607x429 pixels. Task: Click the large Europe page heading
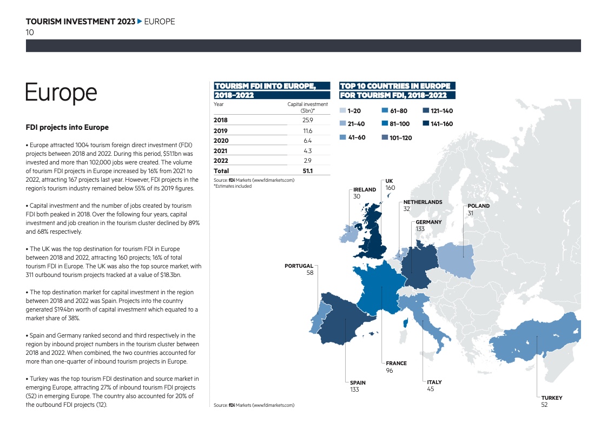(61, 93)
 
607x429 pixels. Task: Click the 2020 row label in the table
(221, 141)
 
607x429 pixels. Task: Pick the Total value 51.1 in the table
(307, 171)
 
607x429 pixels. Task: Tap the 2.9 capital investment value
(307, 161)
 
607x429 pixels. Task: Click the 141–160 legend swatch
(426, 124)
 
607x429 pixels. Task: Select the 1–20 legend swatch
(342, 110)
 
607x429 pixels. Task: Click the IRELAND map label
(364, 190)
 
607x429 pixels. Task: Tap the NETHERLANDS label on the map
(423, 202)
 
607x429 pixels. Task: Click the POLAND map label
(478, 206)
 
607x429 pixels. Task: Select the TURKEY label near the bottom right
(551, 398)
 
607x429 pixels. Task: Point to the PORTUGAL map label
(299, 266)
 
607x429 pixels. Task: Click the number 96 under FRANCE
(389, 371)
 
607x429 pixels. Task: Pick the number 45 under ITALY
(430, 389)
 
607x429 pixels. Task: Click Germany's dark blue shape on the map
(417, 262)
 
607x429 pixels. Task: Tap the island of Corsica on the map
(404, 324)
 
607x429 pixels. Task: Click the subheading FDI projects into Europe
(67, 128)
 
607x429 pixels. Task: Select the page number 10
(30, 32)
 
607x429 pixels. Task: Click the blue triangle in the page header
(140, 22)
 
